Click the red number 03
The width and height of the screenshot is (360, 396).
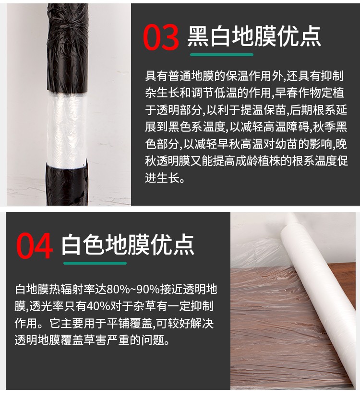[161, 37]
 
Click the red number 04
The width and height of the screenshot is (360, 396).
[35, 246]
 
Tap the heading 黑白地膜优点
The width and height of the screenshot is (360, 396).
[254, 37]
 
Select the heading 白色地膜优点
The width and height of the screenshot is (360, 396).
[128, 245]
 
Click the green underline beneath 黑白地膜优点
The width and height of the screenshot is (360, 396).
[221, 55]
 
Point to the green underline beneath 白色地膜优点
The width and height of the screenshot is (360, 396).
[95, 263]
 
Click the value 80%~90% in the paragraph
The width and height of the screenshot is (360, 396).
[133, 290]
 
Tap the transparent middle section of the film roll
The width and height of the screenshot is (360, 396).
[67, 128]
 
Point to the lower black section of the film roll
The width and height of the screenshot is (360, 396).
[67, 183]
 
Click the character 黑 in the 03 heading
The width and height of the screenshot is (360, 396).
[198, 37]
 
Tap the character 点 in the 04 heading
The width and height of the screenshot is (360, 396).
[183, 245]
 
